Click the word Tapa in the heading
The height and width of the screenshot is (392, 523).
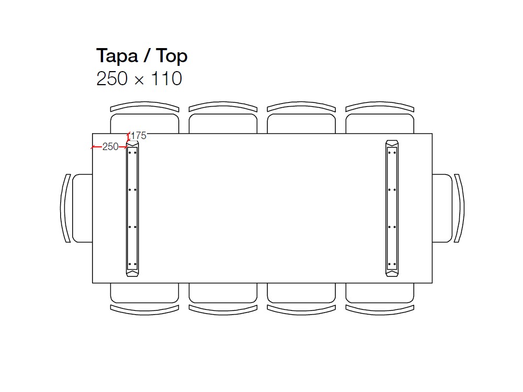point(117,56)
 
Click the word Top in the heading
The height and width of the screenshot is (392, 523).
point(172,56)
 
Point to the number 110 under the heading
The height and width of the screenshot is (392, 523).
point(166,79)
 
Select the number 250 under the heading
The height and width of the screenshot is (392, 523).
point(112,79)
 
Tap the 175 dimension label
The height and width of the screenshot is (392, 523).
point(139,136)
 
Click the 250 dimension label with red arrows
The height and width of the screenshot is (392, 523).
point(110,147)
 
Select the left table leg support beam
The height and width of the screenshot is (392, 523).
point(132,209)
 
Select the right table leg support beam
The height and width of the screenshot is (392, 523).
point(392,209)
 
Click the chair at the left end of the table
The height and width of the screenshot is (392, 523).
point(76,209)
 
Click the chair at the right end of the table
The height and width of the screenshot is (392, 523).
point(448,209)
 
